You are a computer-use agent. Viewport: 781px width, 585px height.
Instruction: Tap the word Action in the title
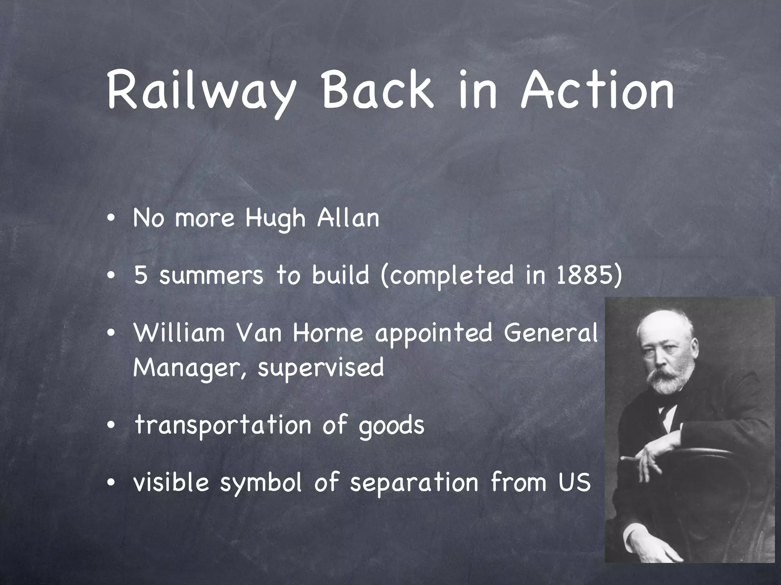[597, 90]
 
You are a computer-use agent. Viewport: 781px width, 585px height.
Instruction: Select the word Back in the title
[378, 90]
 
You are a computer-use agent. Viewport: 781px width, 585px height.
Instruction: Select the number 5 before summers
[141, 275]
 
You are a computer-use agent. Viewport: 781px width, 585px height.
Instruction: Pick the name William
[179, 332]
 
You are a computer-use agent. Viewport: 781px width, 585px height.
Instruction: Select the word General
[550, 332]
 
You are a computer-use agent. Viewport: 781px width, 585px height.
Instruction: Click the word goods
[391, 426]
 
